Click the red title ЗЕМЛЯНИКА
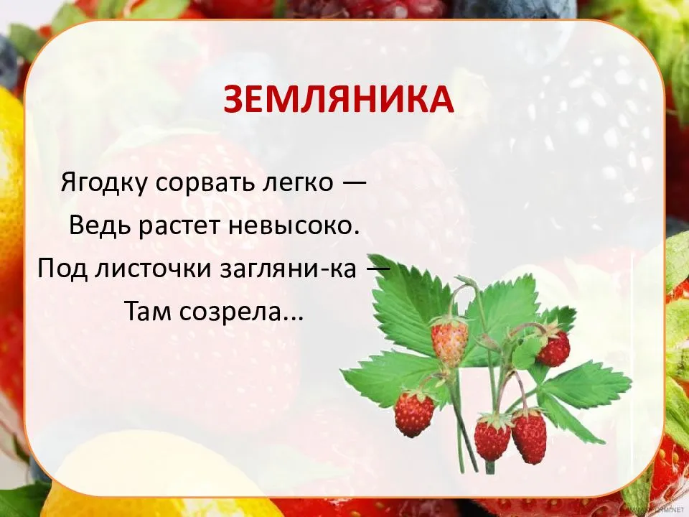(338, 99)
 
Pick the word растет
(179, 227)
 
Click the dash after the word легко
(354, 184)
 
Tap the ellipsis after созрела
(293, 319)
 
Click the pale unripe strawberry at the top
(449, 342)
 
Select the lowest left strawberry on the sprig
(414, 413)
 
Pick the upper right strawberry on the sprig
(553, 348)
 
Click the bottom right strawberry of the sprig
(529, 435)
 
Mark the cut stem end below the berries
(490, 468)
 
